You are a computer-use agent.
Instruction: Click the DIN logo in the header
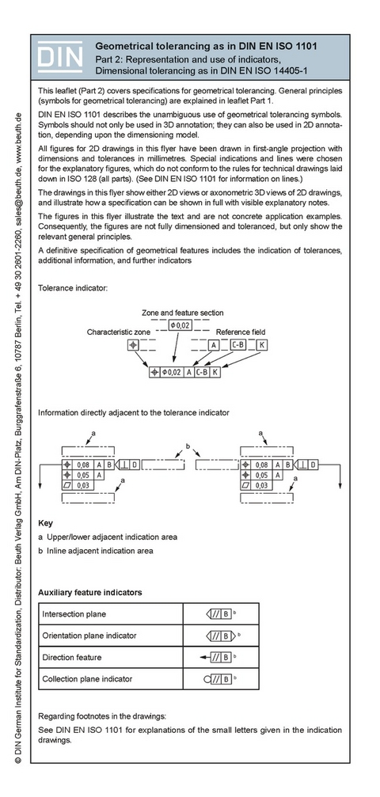59,56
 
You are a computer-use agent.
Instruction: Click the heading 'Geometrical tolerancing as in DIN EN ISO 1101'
206,47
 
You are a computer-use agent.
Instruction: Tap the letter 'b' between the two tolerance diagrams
187,447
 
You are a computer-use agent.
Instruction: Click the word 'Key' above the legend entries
45,523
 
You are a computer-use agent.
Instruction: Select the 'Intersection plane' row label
74,613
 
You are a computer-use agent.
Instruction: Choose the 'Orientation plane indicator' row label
89,635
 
